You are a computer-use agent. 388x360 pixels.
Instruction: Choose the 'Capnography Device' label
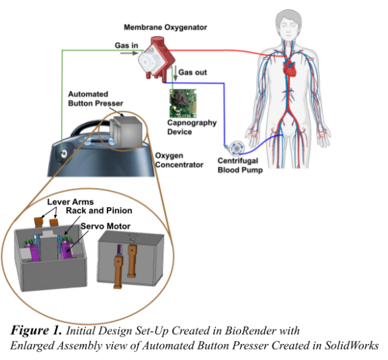(x=179, y=127)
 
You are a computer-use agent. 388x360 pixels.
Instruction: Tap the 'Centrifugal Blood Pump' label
(x=240, y=165)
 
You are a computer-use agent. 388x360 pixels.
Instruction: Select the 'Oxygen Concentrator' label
(x=179, y=160)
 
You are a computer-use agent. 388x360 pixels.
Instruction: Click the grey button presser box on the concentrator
(x=124, y=130)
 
